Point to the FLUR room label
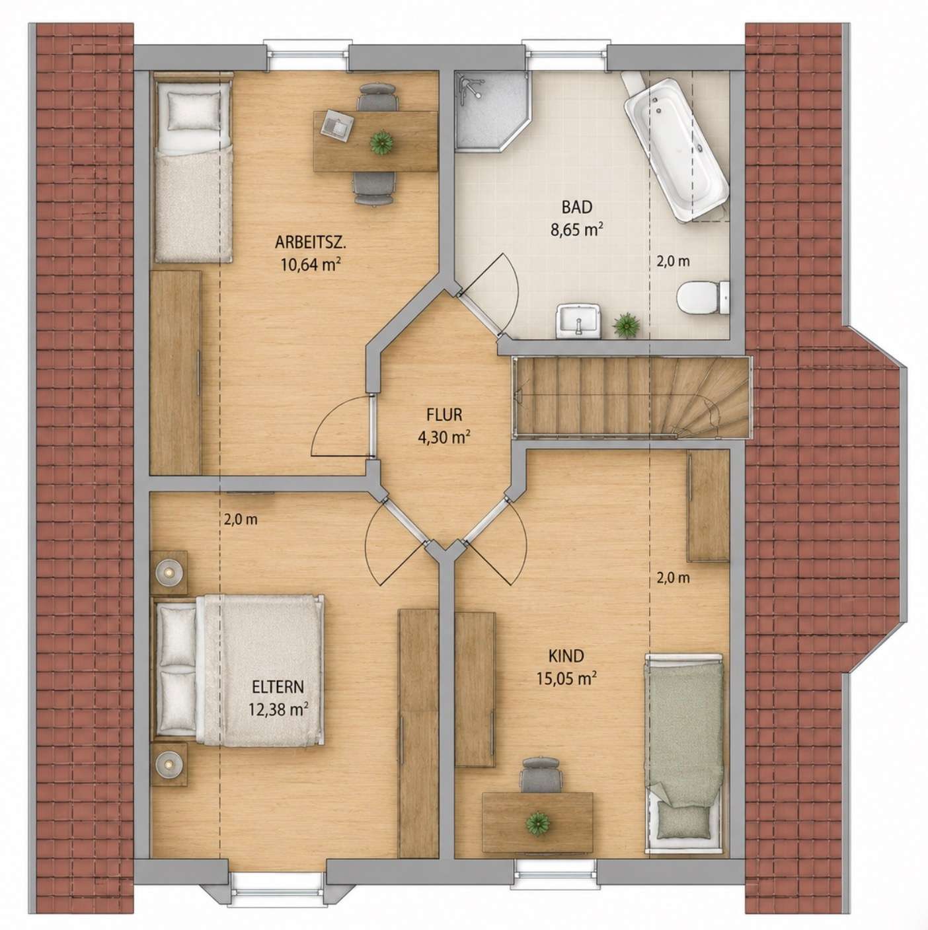[x=444, y=415]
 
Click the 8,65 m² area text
[x=577, y=229]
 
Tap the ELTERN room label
[x=278, y=686]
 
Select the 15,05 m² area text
[x=566, y=678]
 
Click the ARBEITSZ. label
[x=311, y=242]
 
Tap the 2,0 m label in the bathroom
[x=673, y=262]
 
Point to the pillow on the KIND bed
[x=685, y=850]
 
